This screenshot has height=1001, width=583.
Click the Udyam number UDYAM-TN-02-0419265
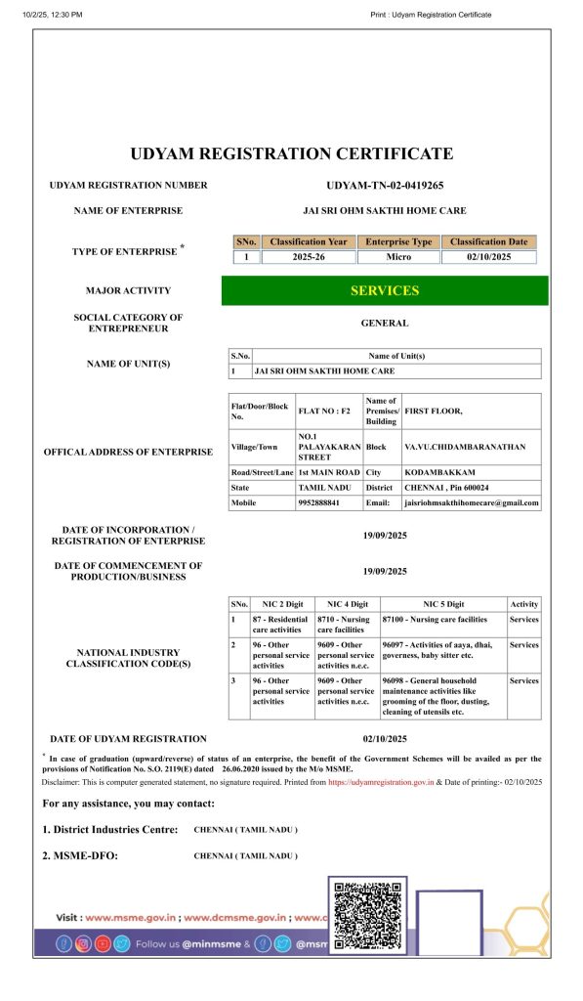(x=384, y=185)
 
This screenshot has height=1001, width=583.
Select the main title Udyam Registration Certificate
(x=291, y=153)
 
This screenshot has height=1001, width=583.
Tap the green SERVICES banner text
(x=384, y=290)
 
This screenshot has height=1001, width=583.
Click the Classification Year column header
(x=308, y=241)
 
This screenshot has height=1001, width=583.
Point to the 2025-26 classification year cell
(x=308, y=257)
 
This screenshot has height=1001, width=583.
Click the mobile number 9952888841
(x=319, y=502)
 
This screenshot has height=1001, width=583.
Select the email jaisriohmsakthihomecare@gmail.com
(x=471, y=502)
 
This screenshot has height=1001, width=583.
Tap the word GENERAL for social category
(x=384, y=323)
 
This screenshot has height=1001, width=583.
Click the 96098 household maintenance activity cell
(x=441, y=695)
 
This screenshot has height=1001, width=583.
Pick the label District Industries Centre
(x=110, y=829)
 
